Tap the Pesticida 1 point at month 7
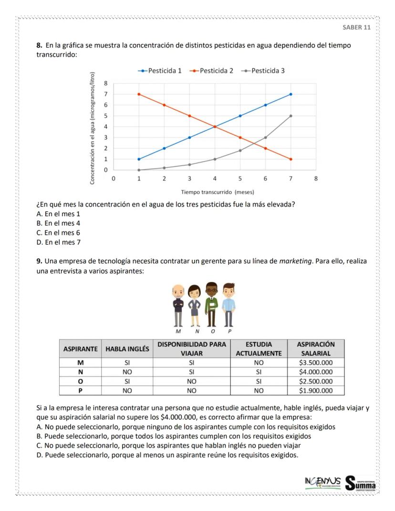click(x=291, y=94)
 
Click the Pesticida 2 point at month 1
click(x=139, y=94)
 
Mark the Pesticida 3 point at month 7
click(x=291, y=116)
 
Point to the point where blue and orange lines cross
click(x=215, y=126)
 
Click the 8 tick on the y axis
click(x=106, y=83)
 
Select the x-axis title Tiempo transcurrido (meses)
click(x=217, y=192)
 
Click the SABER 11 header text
click(x=356, y=27)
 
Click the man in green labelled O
click(x=212, y=303)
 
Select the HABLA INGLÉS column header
click(x=127, y=349)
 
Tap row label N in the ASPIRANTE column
click(x=80, y=372)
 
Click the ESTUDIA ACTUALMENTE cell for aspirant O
click(x=259, y=381)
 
